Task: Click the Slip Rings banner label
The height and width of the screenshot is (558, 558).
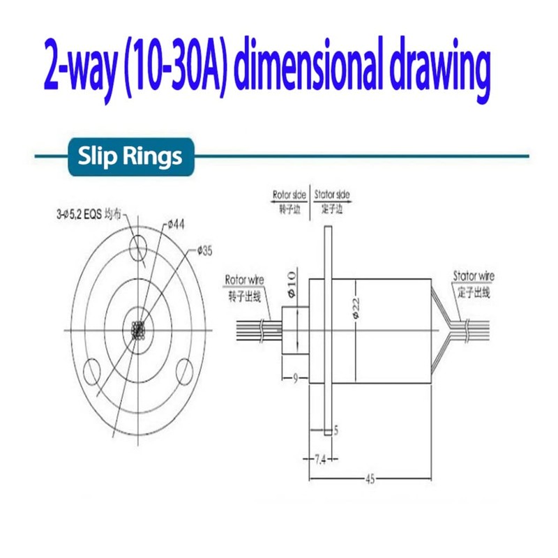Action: point(130,156)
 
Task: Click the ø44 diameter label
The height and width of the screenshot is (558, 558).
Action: point(174,225)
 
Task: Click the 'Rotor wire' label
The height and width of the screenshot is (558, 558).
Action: point(242,280)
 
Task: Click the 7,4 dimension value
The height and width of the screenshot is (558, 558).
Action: point(319,460)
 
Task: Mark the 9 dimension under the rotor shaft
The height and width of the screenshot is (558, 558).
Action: point(295,377)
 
